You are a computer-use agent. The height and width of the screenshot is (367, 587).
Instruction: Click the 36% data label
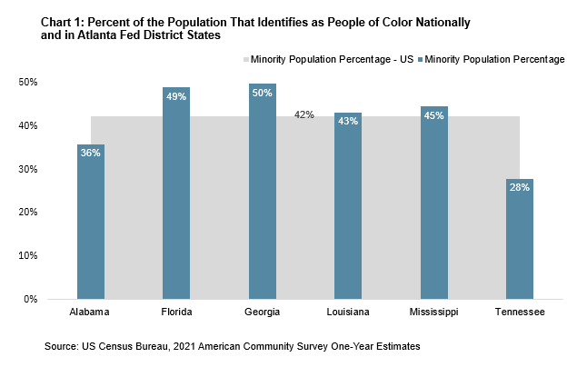[91, 154]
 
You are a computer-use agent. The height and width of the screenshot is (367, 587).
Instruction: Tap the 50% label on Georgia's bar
[263, 93]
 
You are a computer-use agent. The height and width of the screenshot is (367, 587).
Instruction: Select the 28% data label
[520, 188]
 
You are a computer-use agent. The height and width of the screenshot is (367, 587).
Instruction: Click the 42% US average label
[303, 115]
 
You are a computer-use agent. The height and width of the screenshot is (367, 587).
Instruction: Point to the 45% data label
[433, 115]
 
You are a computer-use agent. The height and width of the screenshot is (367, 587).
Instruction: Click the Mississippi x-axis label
[433, 312]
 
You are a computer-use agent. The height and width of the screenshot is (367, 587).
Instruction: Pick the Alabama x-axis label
[91, 312]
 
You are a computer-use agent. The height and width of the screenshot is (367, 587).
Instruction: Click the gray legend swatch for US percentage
[246, 59]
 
